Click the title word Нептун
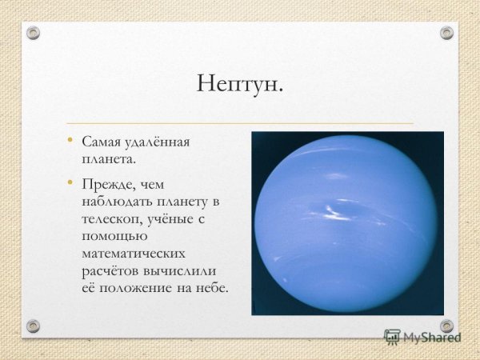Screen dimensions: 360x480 (239, 83)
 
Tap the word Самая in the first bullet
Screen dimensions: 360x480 (99, 142)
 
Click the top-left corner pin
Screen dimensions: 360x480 (33, 33)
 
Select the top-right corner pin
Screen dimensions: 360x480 (446, 33)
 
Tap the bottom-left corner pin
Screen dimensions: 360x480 (33, 326)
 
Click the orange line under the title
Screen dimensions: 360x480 (239, 123)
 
